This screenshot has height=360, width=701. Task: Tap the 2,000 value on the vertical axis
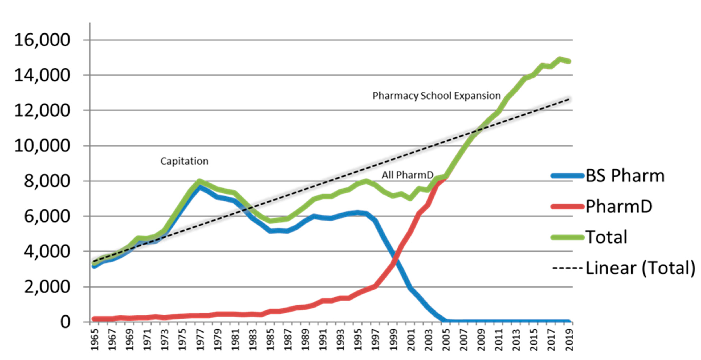click(47, 287)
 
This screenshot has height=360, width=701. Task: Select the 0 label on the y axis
click(65, 322)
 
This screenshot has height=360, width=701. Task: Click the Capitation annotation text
click(184, 161)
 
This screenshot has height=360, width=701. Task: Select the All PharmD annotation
click(407, 175)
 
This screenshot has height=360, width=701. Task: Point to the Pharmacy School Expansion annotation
click(436, 96)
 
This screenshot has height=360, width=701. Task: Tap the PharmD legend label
click(619, 206)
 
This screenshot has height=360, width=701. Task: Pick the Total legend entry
click(606, 237)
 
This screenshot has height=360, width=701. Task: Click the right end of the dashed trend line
click(569, 99)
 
